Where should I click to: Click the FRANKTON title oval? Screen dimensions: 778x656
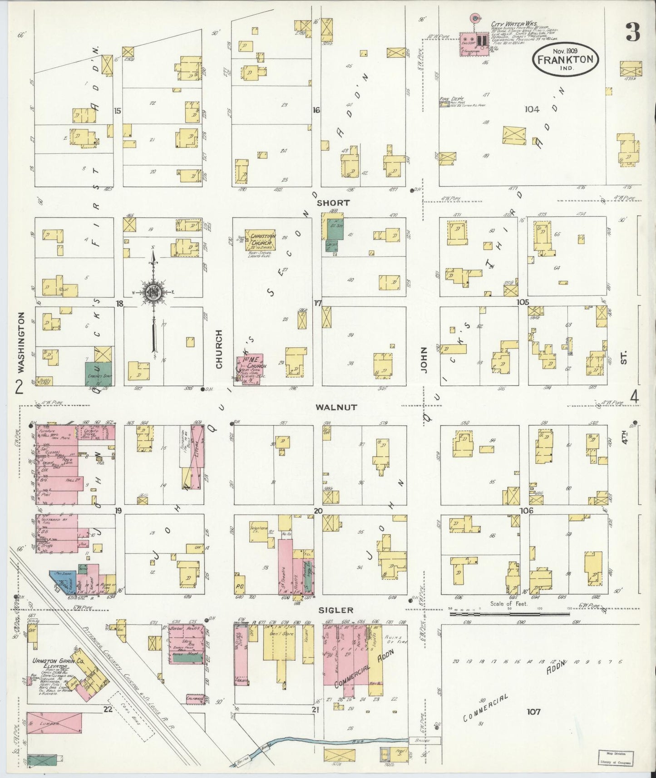pos(565,59)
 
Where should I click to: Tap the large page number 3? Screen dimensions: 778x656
pos(632,32)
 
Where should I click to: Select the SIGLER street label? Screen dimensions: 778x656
pos(342,611)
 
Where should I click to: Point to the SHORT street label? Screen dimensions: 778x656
pos(333,202)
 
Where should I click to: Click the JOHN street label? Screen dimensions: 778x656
pos(424,360)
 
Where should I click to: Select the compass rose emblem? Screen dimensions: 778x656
pos(153,292)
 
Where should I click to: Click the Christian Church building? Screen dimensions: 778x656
pos(261,240)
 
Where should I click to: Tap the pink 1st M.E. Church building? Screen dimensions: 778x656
pos(249,369)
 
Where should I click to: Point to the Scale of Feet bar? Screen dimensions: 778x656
pos(509,614)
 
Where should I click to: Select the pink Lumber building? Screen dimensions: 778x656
pos(54,723)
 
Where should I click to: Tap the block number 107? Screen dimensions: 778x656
pos(533,711)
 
